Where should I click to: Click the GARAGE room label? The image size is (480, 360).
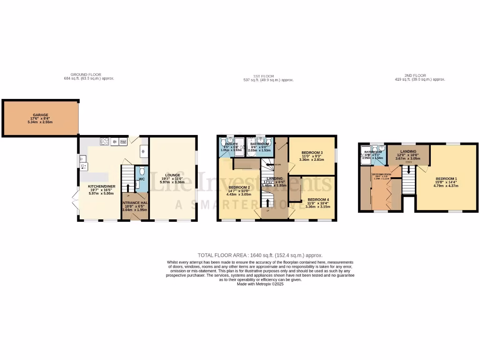[x=40, y=115]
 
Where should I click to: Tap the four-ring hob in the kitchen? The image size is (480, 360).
[x=104, y=142]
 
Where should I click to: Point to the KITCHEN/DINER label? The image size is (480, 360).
[x=102, y=186]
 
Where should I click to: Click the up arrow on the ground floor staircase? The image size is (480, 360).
[x=128, y=189]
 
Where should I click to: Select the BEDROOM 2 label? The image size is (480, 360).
[x=239, y=187]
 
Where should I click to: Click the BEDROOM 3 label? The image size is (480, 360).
[x=311, y=153]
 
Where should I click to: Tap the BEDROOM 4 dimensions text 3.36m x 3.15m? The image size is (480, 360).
[x=317, y=206]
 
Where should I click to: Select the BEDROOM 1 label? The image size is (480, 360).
[x=446, y=179]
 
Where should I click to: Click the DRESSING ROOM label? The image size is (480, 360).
[x=381, y=174]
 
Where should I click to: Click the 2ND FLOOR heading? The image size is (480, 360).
[x=415, y=75]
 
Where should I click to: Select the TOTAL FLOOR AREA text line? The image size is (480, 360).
[x=260, y=255]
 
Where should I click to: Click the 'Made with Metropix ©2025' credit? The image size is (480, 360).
[x=260, y=284]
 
